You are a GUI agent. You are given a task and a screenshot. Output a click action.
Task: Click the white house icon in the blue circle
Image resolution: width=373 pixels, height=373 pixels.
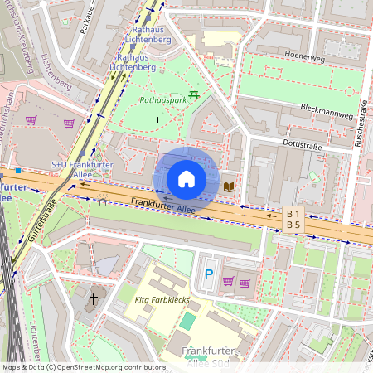point(186,179)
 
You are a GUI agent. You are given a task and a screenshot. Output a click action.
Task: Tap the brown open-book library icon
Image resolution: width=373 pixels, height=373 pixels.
point(229,186)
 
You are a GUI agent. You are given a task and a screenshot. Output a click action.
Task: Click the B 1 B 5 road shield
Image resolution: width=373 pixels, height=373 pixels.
point(293,218)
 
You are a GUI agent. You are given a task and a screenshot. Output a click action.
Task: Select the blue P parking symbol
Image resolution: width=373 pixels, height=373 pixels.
point(209,274)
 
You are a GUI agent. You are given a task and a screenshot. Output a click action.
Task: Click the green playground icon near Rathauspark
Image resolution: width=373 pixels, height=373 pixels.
point(194,94)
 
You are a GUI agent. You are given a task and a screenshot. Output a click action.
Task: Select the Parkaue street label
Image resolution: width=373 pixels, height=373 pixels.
point(86,20)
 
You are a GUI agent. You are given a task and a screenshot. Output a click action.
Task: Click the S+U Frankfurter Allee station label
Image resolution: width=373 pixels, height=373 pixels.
point(70,170)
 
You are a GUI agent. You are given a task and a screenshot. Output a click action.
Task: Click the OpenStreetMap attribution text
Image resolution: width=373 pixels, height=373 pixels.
point(83,366)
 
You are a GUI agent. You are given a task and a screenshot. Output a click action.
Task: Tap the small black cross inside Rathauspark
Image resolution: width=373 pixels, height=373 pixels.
point(157,119)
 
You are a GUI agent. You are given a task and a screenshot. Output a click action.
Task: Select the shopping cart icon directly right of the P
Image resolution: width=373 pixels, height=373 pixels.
point(228,283)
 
